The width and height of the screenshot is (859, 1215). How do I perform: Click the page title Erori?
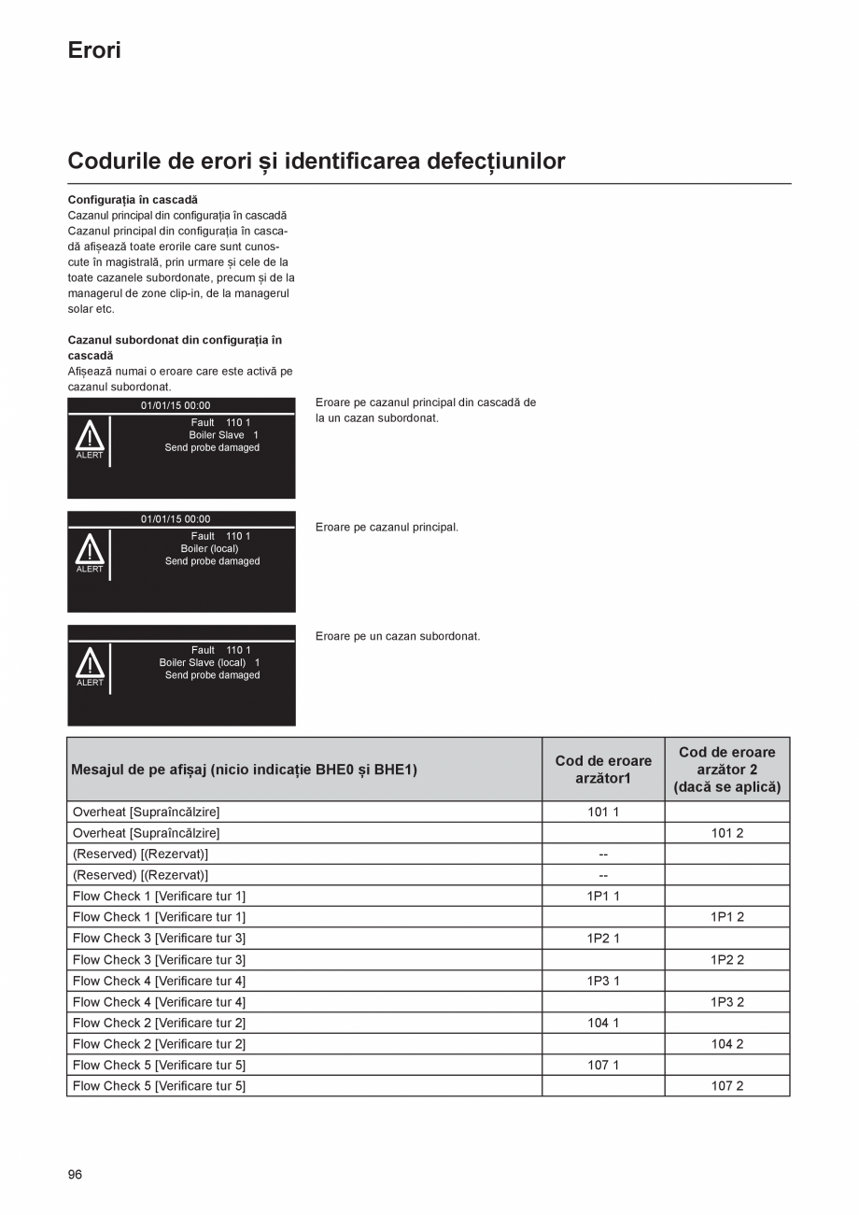tap(94, 50)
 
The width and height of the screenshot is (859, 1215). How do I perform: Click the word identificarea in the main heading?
tap(352, 162)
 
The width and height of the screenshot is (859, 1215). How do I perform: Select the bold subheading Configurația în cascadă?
tap(133, 200)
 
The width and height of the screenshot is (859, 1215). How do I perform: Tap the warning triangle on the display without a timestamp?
tap(90, 664)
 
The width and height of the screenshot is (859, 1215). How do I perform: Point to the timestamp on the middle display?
tap(176, 519)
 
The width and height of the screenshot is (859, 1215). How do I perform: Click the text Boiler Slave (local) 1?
tap(209, 663)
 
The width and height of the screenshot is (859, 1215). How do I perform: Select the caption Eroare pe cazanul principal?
tap(387, 528)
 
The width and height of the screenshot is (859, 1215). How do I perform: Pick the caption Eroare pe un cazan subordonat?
tap(398, 637)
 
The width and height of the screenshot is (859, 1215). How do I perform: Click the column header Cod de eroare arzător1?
tap(603, 770)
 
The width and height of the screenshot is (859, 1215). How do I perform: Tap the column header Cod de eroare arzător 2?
tap(726, 770)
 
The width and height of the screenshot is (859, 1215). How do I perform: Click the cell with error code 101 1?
tap(603, 812)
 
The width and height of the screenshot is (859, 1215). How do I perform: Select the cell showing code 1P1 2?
tap(726, 918)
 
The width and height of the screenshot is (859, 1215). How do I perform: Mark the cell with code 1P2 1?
tap(603, 939)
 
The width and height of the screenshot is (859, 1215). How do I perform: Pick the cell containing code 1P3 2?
tap(726, 1002)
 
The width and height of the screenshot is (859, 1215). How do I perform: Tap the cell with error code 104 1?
tap(603, 1024)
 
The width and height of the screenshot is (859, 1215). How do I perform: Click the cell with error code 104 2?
tap(726, 1044)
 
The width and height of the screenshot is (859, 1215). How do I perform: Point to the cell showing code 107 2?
tap(726, 1086)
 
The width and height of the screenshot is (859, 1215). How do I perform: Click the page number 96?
tap(75, 1175)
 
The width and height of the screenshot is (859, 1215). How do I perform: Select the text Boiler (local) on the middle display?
tap(209, 549)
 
